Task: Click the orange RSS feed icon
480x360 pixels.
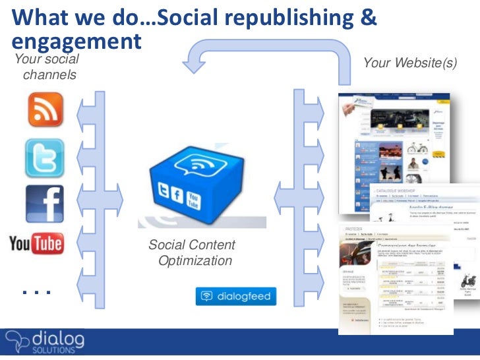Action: point(45,109)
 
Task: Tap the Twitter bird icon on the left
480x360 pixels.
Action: point(45,158)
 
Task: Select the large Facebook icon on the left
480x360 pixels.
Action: point(45,204)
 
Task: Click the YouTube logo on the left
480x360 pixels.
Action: point(36,244)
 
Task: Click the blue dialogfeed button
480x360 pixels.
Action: point(235,296)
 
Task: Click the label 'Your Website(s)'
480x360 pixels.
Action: point(409,63)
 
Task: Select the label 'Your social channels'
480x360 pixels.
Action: point(47,67)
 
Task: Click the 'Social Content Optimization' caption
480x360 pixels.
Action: point(192,253)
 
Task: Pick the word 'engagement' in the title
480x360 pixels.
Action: point(76,41)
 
